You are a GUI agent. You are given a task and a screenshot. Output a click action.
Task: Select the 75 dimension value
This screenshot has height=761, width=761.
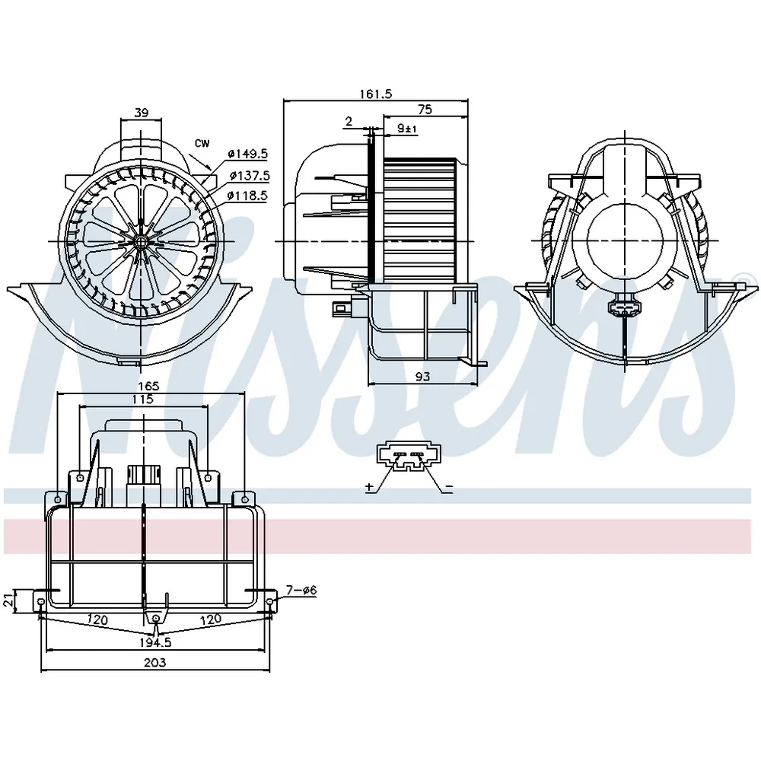click(425, 110)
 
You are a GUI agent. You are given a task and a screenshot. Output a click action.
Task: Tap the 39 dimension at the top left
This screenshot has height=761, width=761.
click(141, 113)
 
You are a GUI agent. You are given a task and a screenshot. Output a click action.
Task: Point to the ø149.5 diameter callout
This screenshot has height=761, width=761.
click(247, 154)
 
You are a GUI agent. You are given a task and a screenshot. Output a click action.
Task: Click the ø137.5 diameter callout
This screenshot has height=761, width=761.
click(250, 175)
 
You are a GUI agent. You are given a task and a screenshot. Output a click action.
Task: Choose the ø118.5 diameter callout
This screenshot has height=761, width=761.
click(247, 196)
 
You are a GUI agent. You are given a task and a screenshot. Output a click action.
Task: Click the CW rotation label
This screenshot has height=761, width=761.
click(202, 143)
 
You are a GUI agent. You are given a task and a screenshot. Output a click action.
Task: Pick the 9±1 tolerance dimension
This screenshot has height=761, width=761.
click(407, 129)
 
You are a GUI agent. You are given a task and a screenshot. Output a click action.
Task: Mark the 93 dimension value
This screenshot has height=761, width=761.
click(422, 376)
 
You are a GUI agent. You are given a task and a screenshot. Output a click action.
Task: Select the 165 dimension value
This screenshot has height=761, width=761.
click(148, 386)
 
